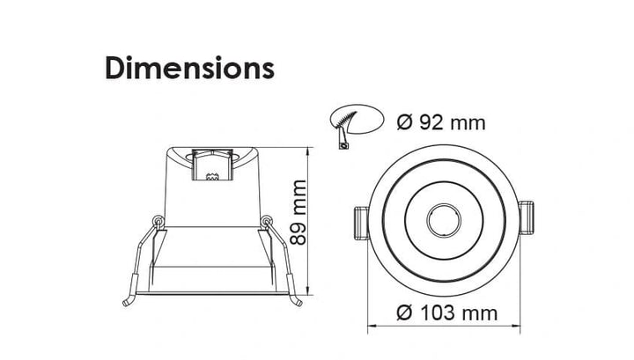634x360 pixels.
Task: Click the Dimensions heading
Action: point(189,68)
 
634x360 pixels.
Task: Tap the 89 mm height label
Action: point(299,212)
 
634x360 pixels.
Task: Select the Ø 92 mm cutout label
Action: point(441,122)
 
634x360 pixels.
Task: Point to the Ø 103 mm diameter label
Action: point(446,312)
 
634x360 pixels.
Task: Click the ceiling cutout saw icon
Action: point(356,124)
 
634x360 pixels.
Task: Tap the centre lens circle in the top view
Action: point(444,221)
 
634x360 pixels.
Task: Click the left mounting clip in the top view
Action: point(362,223)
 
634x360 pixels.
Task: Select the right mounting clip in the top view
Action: point(526,217)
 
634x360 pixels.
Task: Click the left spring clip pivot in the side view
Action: point(158,221)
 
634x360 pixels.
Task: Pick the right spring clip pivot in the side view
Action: point(266,221)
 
